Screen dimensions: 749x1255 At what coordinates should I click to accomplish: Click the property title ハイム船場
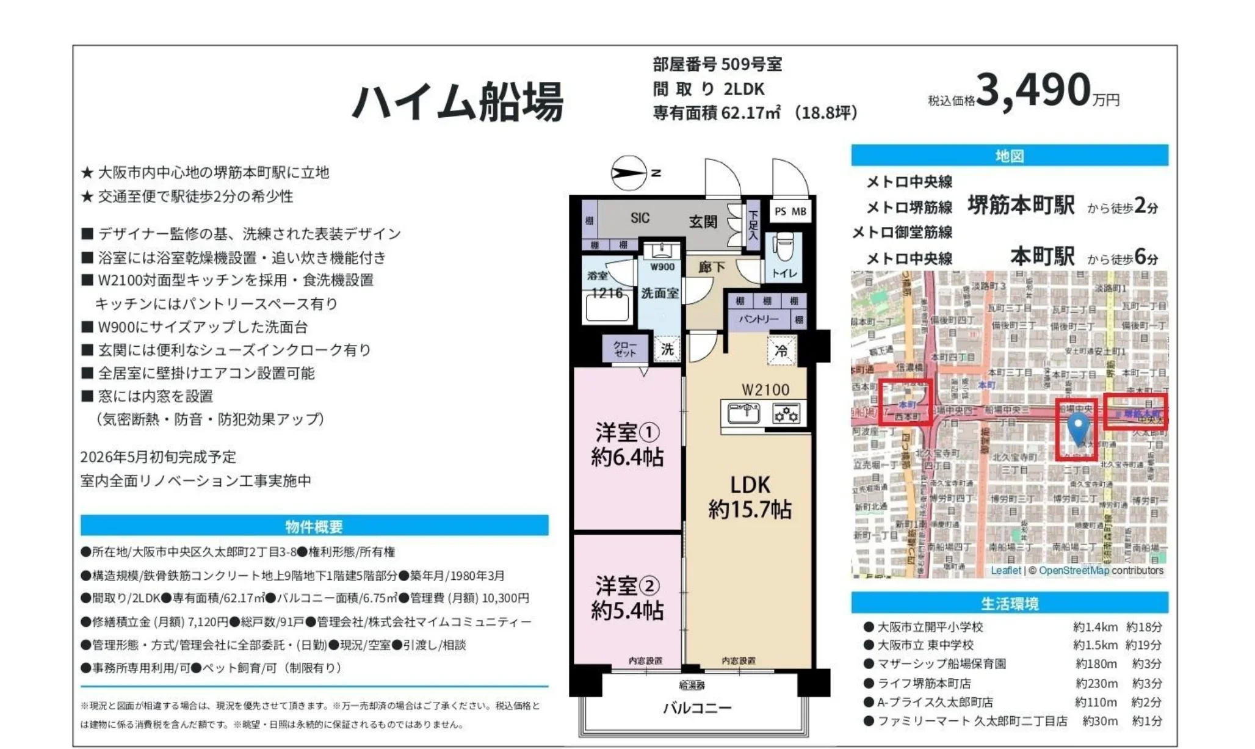pos(457,102)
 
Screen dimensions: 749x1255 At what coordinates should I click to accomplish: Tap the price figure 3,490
pos(1033,90)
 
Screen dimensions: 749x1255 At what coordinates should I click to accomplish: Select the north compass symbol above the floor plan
pos(629,173)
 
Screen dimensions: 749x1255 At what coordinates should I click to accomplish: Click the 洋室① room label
pos(627,433)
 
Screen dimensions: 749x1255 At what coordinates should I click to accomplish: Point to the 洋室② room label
pos(627,586)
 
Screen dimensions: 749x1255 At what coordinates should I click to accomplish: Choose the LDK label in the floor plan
pos(750,485)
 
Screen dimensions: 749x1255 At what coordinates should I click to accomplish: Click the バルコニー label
pos(697,708)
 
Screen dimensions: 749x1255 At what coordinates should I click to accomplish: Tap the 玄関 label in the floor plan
pos(703,222)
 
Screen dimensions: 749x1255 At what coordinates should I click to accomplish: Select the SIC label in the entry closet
pos(640,218)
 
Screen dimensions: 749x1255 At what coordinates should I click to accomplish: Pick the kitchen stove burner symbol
pos(786,414)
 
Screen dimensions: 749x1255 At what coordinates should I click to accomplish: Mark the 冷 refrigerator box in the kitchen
pos(781,351)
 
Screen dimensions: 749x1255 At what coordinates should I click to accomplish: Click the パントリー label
pos(759,319)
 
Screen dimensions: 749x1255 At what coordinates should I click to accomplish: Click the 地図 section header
pos(1009,156)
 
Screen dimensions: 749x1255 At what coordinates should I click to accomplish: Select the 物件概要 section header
pos(314,526)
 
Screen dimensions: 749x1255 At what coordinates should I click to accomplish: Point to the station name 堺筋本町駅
pos(1021,206)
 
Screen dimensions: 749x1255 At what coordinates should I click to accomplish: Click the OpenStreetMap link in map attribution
pos(1073,571)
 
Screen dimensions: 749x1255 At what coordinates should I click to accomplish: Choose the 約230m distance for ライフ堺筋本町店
pos(1096,683)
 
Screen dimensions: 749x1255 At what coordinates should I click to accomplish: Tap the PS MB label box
pos(790,212)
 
